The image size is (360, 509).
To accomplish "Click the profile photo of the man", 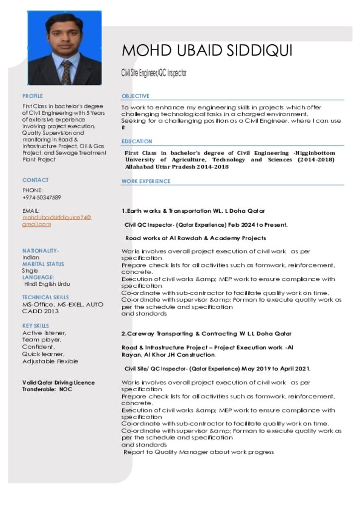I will coord(65,48).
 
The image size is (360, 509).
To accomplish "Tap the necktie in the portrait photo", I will coord(66,73).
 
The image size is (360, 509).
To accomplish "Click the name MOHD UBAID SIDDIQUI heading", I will coord(207,51).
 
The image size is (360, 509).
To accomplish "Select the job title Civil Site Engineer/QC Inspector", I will coord(154,73).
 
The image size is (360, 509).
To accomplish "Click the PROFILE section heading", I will coord(33,96).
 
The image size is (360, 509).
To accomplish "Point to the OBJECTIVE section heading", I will coord(135,96).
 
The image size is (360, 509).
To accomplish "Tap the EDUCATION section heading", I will coord(137,141).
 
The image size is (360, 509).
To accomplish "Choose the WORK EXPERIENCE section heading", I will coord(146,181).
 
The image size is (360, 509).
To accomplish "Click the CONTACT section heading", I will coord(35,180).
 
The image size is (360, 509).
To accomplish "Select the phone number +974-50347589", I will coord(42,197).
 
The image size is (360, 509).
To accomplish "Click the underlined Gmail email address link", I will coord(57,221).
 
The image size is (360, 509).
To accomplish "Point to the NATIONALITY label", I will coord(41,251).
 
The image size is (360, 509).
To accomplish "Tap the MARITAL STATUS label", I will coord(43,264).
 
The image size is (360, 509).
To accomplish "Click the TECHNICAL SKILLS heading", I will coord(46,297).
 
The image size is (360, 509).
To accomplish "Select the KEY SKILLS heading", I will coord(36,326).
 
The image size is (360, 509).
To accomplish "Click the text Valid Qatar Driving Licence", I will coord(58,383).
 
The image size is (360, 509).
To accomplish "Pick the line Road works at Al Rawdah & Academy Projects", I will coord(195,238).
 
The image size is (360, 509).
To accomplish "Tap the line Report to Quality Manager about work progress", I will coord(198,452).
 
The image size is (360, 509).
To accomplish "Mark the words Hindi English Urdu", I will coord(47,284).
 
